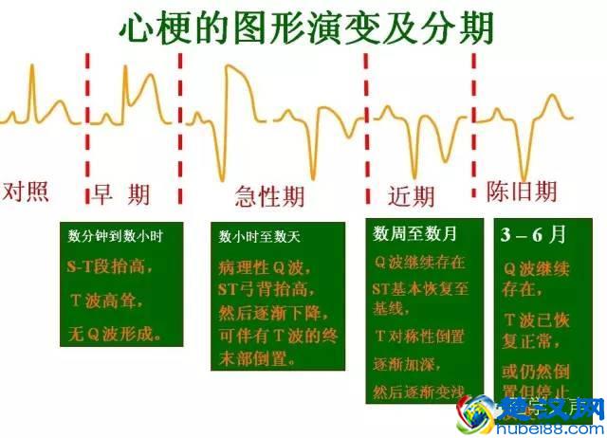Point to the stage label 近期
coord(411,195)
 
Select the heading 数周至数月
coord(414,233)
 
